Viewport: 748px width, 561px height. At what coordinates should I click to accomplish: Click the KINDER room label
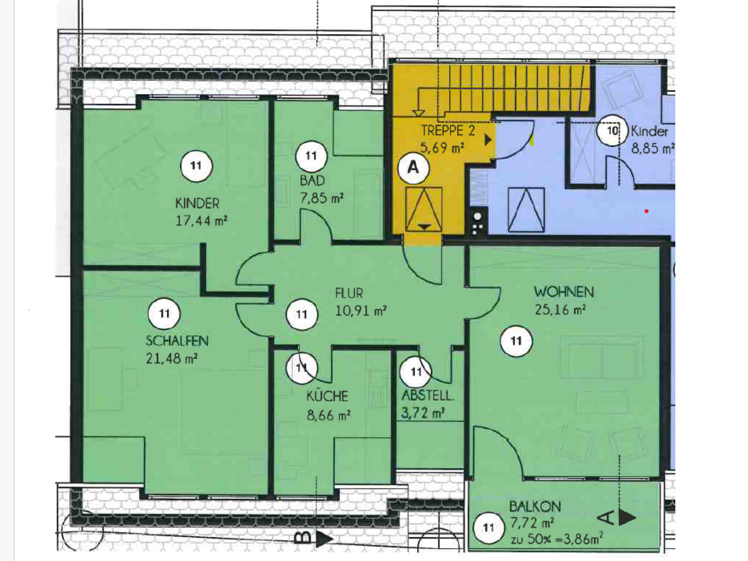click(x=197, y=203)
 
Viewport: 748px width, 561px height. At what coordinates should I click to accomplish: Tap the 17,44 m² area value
click(x=201, y=221)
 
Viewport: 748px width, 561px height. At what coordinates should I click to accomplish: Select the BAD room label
click(x=312, y=181)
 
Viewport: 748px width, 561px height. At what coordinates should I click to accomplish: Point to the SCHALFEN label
click(x=177, y=341)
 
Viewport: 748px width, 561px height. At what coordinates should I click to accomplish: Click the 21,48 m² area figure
click(x=172, y=358)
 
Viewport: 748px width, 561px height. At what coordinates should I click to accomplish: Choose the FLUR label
click(x=349, y=293)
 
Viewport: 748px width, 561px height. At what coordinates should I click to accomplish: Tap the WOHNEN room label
click(x=564, y=292)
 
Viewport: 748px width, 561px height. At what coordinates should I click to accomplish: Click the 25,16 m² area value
click(x=560, y=309)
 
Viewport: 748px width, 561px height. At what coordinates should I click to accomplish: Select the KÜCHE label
click(x=327, y=396)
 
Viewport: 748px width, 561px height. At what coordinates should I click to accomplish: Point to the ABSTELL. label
click(x=428, y=396)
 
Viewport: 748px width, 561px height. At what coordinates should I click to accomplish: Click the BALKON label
click(x=535, y=507)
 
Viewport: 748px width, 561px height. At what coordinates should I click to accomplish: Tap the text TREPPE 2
click(x=448, y=130)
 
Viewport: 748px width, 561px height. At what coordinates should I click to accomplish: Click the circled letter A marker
click(x=413, y=168)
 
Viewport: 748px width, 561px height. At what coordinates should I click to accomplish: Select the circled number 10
click(x=612, y=130)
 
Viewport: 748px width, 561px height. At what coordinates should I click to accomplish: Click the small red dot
click(x=646, y=211)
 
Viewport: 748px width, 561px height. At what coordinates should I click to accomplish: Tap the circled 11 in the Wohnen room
click(x=516, y=341)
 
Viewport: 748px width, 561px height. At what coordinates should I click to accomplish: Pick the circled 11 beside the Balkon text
click(x=489, y=527)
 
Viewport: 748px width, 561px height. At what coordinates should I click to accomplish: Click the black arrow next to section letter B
click(x=324, y=539)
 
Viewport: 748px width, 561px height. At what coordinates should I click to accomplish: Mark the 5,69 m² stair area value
click(x=442, y=148)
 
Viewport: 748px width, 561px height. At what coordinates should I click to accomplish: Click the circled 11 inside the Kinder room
click(x=196, y=166)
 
